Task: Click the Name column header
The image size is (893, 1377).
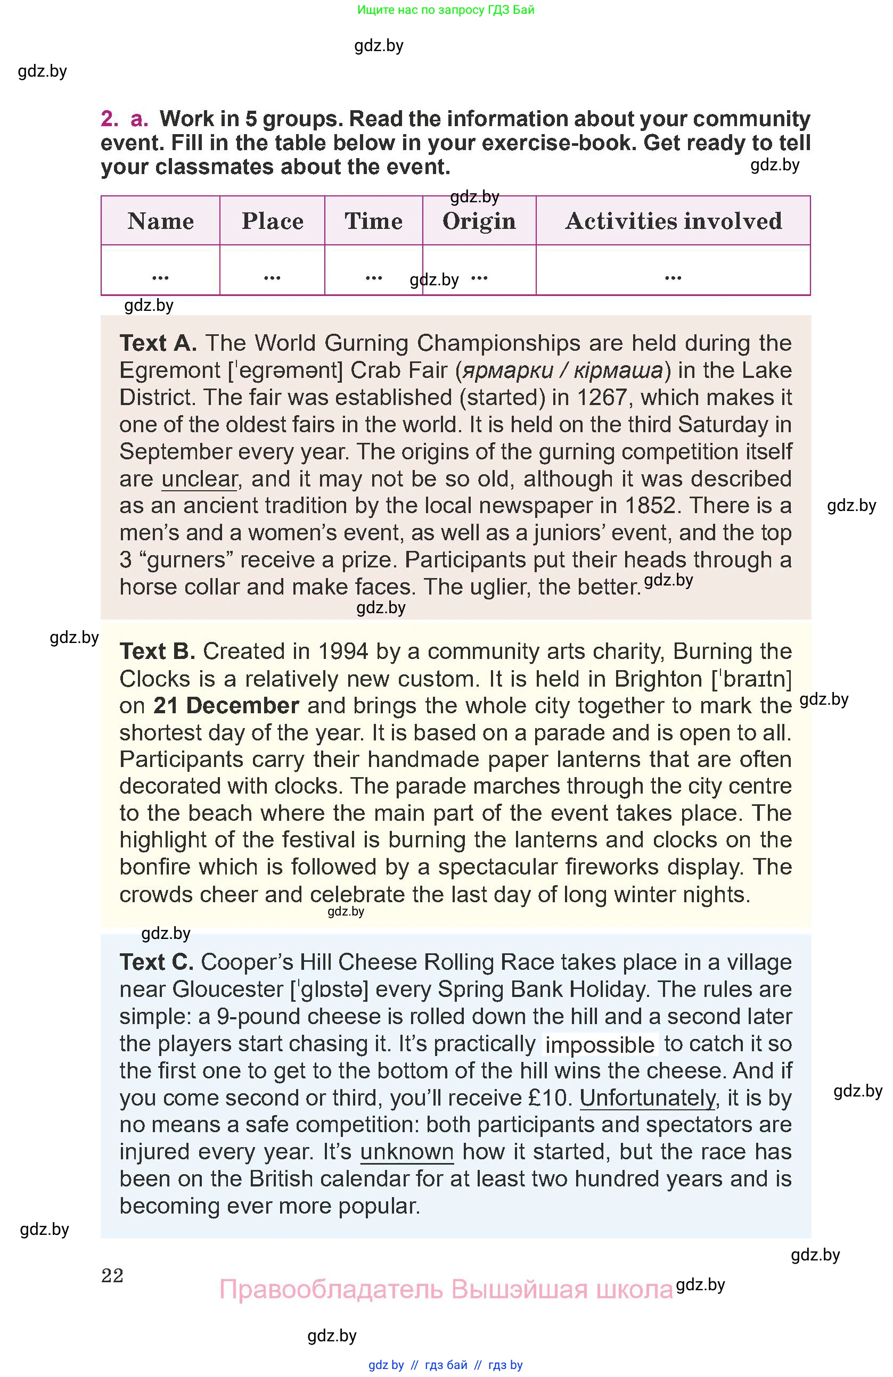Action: click(160, 221)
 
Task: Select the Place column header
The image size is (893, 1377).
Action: click(272, 221)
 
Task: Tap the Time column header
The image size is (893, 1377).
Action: click(373, 221)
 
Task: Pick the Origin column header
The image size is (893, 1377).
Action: click(479, 221)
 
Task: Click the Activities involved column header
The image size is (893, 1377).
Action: click(673, 221)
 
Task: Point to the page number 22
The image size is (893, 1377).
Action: click(112, 1275)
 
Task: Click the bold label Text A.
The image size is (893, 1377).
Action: click(158, 343)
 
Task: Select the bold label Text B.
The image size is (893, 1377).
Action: click(157, 652)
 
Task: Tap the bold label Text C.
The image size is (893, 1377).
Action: click(156, 962)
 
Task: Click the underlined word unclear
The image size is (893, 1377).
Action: click(199, 479)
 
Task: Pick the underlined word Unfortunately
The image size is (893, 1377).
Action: click(648, 1098)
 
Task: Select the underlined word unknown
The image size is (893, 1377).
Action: click(407, 1152)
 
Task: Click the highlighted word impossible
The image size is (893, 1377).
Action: click(600, 1045)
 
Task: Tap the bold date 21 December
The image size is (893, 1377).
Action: click(226, 706)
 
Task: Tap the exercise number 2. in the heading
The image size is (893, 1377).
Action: click(109, 119)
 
